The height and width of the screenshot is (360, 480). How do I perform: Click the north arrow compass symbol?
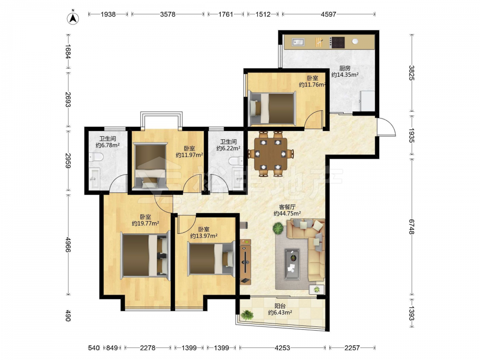coord(73,17)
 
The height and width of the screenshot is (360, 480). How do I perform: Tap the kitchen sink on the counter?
coord(297,42)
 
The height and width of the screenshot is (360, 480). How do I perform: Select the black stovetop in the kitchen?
coord(338,43)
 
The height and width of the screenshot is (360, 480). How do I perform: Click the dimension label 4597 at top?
coord(328,14)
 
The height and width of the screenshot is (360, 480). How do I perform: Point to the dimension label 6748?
coord(412,227)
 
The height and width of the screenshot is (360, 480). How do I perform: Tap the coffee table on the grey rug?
coord(292,264)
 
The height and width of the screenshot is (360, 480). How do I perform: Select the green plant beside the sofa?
coord(278,228)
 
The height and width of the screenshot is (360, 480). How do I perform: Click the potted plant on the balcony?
coord(247,315)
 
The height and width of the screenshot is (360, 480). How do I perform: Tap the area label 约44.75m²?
coord(287,214)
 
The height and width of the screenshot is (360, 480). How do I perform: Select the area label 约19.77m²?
coord(145,224)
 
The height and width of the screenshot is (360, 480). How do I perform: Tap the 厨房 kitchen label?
coord(345,68)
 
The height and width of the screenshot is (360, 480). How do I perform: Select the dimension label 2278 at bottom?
coord(147,348)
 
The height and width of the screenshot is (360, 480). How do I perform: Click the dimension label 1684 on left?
coord(68,51)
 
